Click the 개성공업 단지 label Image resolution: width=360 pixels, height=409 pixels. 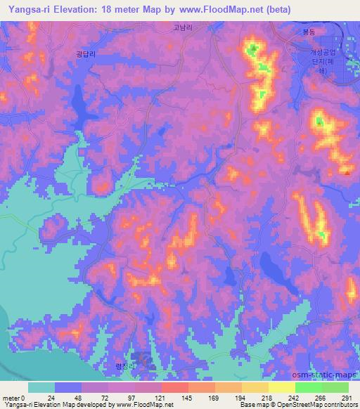(324, 58)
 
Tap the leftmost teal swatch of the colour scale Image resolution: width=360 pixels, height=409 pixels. (41, 387)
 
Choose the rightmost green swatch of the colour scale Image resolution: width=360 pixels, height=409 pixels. (335, 387)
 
